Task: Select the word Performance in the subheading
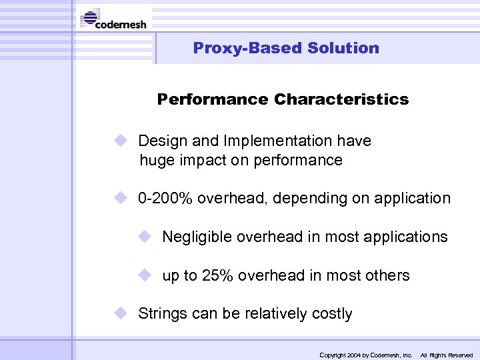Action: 213,99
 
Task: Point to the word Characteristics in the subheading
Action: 341,99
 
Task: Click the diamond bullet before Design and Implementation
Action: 119,141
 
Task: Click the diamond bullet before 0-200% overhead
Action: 119,199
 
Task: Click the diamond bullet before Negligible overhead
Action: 145,237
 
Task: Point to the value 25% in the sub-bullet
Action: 217,275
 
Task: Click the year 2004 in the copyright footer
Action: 353,355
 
